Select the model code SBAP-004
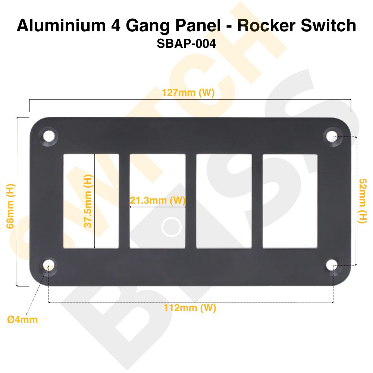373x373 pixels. pyautogui.click(x=186, y=44)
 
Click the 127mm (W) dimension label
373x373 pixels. pyautogui.click(x=188, y=93)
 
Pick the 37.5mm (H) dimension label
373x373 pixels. pyautogui.click(x=88, y=201)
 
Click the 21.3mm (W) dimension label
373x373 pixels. pyautogui.click(x=157, y=200)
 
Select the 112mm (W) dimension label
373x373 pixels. pyautogui.click(x=190, y=308)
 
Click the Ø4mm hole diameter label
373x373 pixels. pyautogui.click(x=22, y=320)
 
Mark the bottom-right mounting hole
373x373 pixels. pyautogui.click(x=332, y=265)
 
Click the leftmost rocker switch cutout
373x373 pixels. pyautogui.click(x=91, y=201)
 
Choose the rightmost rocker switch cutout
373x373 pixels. pyautogui.click(x=290, y=201)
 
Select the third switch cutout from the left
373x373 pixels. pyautogui.click(x=224, y=201)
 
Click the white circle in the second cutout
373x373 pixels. pyautogui.click(x=172, y=227)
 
